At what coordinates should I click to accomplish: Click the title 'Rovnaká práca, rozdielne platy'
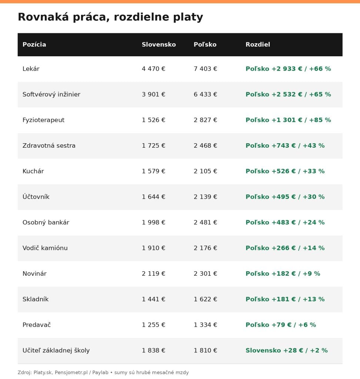[x=110, y=17]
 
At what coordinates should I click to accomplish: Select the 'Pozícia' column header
[x=34, y=44]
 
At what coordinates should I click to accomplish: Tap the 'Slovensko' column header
[x=159, y=44]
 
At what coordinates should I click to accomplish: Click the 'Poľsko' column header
[x=205, y=44]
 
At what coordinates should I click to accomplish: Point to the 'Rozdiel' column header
[x=258, y=44]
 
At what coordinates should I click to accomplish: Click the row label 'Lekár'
[x=31, y=69]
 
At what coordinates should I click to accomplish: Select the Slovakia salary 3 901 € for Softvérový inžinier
[x=153, y=94]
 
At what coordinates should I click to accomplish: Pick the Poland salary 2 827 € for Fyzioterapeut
[x=205, y=120]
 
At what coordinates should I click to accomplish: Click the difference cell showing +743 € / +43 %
[x=285, y=145]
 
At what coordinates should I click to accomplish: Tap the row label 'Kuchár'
[x=33, y=171]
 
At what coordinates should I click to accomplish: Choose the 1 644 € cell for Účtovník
[x=153, y=197]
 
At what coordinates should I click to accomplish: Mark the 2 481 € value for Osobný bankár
[x=205, y=222]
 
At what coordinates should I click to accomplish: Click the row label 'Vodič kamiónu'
[x=45, y=248]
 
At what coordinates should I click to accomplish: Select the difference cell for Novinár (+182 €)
[x=283, y=274]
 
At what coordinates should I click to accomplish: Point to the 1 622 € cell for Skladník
[x=205, y=299]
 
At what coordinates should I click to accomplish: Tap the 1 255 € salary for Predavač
[x=153, y=325]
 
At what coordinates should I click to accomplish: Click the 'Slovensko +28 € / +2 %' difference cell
[x=287, y=351]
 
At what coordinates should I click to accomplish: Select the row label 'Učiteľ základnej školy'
[x=56, y=351]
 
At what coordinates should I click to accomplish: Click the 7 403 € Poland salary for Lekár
[x=205, y=69]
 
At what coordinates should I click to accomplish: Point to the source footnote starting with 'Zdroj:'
[x=103, y=372]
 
